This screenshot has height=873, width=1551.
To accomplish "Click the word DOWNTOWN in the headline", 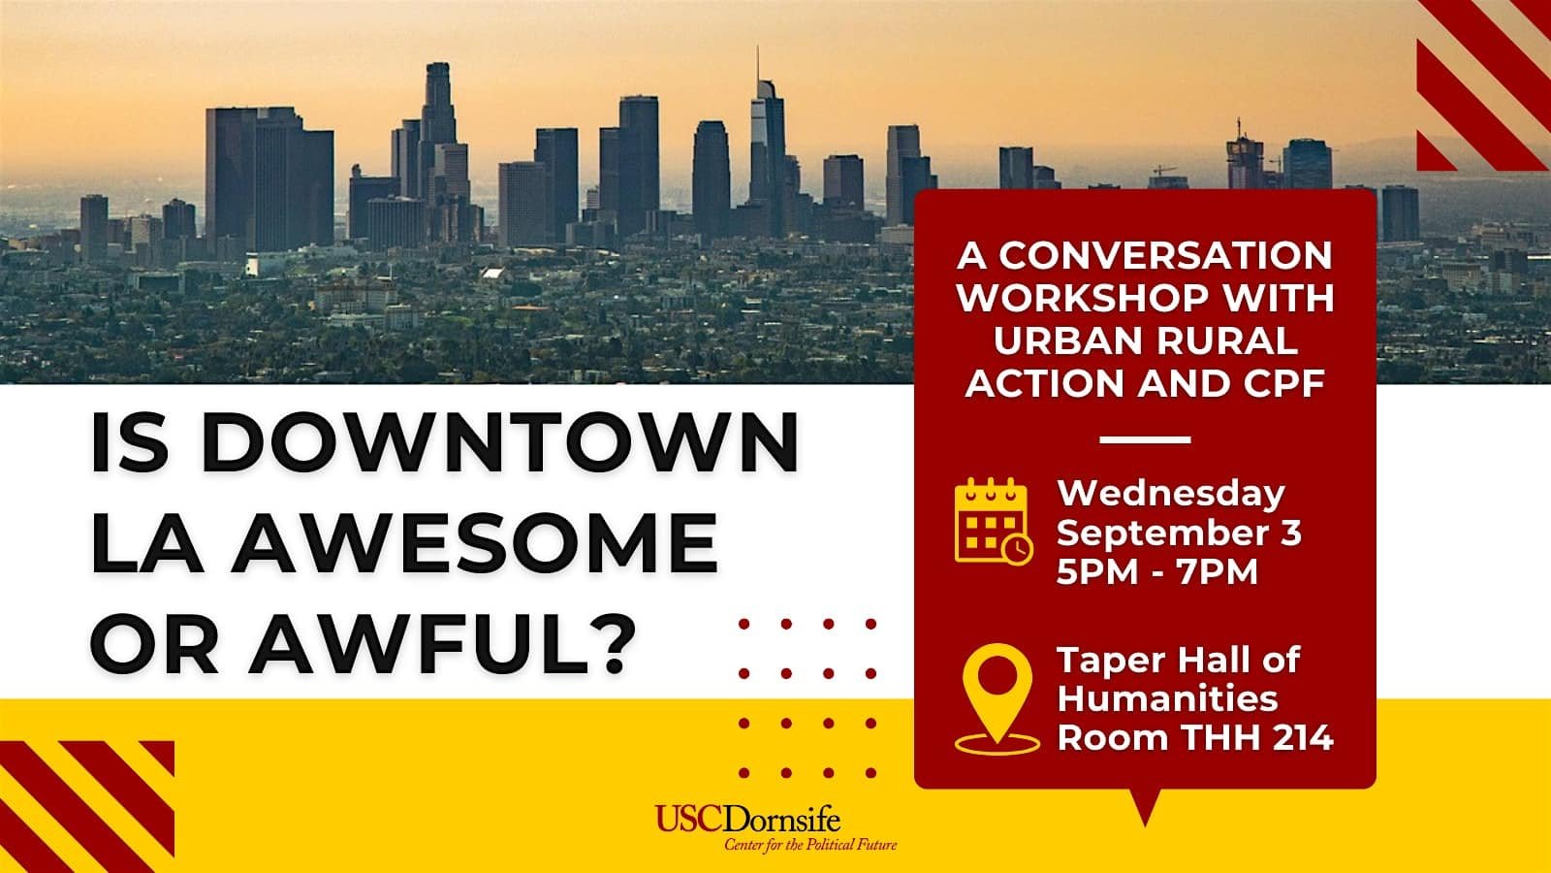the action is (500, 442).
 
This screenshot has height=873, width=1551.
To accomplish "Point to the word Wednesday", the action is (1171, 494).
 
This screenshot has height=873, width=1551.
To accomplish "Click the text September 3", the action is (1179, 533).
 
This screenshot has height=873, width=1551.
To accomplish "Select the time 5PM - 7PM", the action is (1157, 572).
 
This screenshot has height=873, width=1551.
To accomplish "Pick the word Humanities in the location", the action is (1167, 698).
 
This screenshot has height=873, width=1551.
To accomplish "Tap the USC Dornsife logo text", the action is (747, 819).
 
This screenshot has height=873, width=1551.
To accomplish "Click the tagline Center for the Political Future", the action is (810, 845).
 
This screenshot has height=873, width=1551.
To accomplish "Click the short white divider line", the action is (1145, 439).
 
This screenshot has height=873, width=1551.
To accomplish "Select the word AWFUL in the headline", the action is (413, 642).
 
